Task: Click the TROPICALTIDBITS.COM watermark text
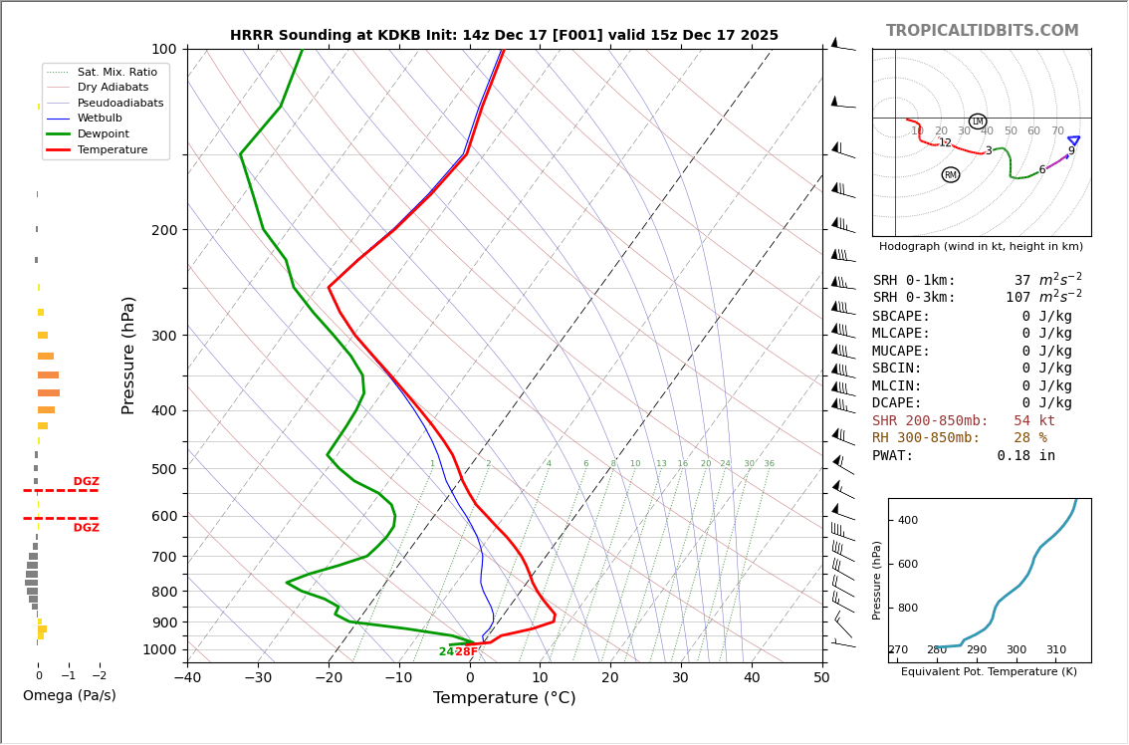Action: pyautogui.click(x=982, y=31)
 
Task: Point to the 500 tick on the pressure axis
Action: pyautogui.click(x=164, y=469)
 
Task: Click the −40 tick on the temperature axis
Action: pyautogui.click(x=187, y=678)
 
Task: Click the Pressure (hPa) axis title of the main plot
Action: pyautogui.click(x=128, y=355)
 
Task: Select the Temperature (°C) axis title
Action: pyautogui.click(x=504, y=698)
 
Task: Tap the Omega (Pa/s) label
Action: pyautogui.click(x=69, y=695)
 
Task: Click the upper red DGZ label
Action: pyautogui.click(x=86, y=482)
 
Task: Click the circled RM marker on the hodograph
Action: pyautogui.click(x=951, y=175)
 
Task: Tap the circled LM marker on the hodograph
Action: pyautogui.click(x=978, y=122)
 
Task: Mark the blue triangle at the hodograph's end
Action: pyautogui.click(x=1073, y=140)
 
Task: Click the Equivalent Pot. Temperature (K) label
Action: pyautogui.click(x=989, y=671)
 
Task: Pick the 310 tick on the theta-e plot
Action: pyautogui.click(x=1055, y=650)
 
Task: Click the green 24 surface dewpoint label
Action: pyautogui.click(x=446, y=652)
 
